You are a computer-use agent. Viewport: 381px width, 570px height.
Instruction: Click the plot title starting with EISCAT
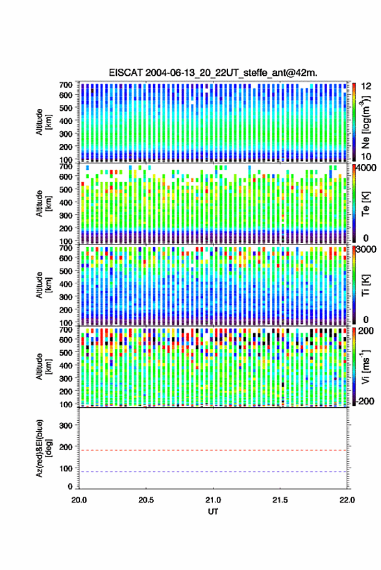213,73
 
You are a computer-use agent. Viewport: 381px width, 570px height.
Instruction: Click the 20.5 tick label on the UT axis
146,500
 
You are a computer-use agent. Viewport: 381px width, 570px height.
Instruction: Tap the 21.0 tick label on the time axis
213,500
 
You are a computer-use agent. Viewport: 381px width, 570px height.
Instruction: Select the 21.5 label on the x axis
280,500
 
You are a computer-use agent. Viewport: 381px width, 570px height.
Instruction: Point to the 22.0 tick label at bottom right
347,500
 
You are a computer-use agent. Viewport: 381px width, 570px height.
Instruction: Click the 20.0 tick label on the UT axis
79,500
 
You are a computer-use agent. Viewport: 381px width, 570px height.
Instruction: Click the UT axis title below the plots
213,512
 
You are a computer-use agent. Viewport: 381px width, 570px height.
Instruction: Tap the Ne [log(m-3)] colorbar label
365,122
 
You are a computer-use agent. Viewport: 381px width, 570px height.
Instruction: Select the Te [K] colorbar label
365,204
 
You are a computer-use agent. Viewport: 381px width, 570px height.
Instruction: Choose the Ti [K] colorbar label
365,285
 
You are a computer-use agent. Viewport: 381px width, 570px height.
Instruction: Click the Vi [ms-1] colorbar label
365,366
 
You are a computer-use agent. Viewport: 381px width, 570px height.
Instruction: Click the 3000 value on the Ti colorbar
365,250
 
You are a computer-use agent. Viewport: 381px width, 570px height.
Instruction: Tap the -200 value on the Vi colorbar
365,401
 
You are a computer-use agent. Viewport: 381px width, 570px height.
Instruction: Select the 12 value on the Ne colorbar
366,86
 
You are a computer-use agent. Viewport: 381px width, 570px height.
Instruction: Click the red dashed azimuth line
213,450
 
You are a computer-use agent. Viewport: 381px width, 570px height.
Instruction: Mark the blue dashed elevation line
213,472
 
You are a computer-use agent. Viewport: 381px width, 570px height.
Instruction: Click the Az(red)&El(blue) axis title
43,448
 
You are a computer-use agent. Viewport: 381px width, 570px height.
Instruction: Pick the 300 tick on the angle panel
66,425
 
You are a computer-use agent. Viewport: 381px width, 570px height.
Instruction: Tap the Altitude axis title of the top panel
43,122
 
